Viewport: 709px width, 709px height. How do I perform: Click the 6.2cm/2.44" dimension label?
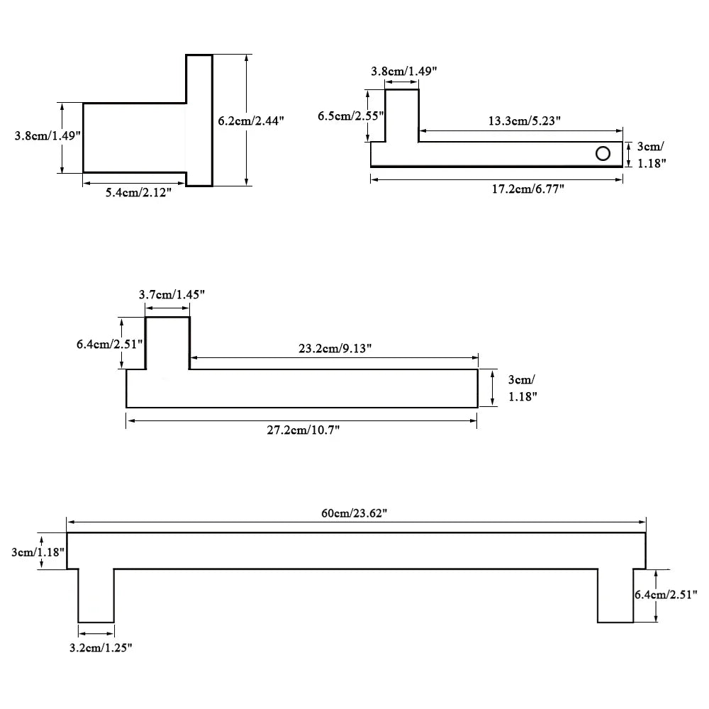(250, 121)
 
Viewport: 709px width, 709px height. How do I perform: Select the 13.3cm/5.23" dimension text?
(525, 121)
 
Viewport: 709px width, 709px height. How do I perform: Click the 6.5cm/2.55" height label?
(350, 115)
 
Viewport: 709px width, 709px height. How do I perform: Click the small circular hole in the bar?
(603, 153)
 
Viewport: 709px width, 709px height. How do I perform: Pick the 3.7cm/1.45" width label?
(172, 294)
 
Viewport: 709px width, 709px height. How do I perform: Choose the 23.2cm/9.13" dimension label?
(335, 348)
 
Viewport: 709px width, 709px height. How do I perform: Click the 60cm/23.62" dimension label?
(354, 513)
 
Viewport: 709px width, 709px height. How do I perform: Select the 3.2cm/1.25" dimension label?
(101, 647)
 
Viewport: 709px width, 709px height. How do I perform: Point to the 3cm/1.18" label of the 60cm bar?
(38, 552)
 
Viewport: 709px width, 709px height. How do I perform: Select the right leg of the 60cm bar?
(615, 595)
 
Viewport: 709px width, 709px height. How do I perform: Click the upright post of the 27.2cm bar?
(168, 343)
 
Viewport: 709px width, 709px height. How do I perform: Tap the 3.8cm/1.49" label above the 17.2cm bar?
(404, 71)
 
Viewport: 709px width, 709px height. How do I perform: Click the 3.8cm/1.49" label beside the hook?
(48, 135)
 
